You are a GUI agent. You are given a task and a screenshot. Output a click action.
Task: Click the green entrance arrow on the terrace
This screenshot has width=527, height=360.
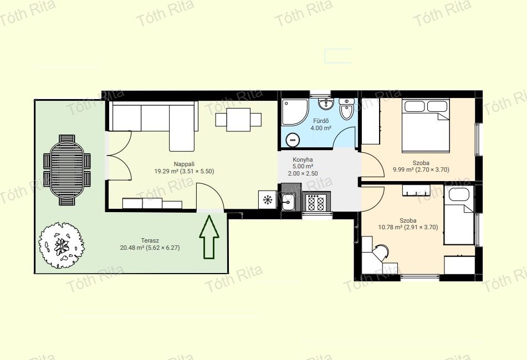209,237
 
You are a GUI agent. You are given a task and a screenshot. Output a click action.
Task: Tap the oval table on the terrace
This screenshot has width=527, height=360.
67,170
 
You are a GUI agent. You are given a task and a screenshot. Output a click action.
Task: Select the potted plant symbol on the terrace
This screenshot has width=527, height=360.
61,245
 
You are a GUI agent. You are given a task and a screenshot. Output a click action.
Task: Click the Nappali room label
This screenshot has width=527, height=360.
184,164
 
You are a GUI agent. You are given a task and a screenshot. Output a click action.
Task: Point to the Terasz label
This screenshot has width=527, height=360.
150,240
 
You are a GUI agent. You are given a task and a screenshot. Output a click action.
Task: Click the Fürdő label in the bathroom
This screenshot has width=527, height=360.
321,121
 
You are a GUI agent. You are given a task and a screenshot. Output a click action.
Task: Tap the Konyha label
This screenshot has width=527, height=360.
303,160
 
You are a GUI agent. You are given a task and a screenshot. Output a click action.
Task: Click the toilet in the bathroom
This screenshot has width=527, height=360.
345,109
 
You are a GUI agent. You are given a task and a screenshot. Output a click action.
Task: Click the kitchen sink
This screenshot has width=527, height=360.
288,202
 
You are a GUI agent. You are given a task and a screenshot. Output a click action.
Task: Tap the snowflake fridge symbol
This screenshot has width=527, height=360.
268,200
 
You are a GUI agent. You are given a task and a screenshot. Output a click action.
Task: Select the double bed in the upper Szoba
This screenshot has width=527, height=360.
426,125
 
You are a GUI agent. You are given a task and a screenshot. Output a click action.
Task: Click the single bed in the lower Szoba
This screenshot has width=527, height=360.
459,215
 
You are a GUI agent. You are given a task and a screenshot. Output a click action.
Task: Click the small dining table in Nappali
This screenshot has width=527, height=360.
238,120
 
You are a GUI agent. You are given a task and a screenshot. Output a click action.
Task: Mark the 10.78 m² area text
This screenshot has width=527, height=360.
390,227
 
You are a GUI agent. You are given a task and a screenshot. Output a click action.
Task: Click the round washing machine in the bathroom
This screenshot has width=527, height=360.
293,140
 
